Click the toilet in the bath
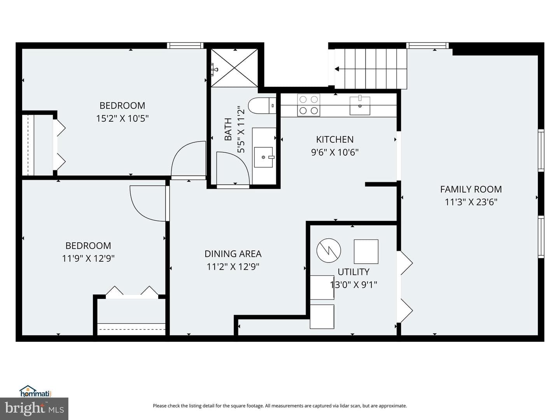[x=262, y=105]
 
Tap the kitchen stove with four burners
[x=308, y=105]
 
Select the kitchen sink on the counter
[x=360, y=105]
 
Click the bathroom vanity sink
[x=264, y=157]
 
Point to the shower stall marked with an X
[x=234, y=68]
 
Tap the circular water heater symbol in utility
[x=329, y=250]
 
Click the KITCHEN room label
[x=335, y=140]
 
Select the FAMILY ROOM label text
[x=471, y=189]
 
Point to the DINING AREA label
[x=233, y=254]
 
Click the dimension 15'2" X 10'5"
[x=122, y=119]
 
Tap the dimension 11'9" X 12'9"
[x=88, y=259]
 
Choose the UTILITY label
[x=353, y=272]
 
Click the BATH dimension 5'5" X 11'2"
[x=241, y=129]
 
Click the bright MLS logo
[x=34, y=408]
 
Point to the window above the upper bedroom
[x=185, y=45]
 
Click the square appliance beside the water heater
[x=366, y=252]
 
